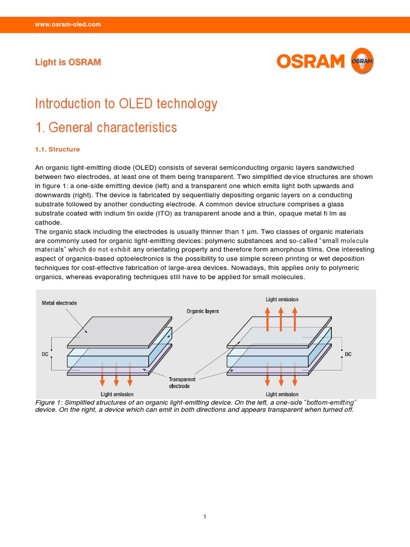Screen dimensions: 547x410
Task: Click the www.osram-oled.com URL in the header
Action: coord(67,25)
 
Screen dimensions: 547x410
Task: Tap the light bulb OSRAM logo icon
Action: coord(361,61)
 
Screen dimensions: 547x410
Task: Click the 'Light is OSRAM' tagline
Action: coord(68,62)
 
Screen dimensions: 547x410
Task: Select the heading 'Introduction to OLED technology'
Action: coord(126,104)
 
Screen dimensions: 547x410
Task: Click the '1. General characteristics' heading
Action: coord(106,128)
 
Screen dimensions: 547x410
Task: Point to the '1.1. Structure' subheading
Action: coord(57,150)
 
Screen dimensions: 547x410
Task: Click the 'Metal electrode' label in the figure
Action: coord(59,303)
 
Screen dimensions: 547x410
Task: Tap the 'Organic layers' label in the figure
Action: coord(202,311)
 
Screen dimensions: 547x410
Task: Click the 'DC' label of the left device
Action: coord(46,354)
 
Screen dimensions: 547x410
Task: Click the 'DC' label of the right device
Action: coord(348,354)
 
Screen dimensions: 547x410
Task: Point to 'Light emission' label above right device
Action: coord(282,299)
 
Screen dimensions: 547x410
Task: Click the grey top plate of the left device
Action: coord(117,332)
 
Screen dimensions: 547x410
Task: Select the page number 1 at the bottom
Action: coord(205,517)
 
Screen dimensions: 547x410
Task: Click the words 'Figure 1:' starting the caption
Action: coord(51,402)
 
